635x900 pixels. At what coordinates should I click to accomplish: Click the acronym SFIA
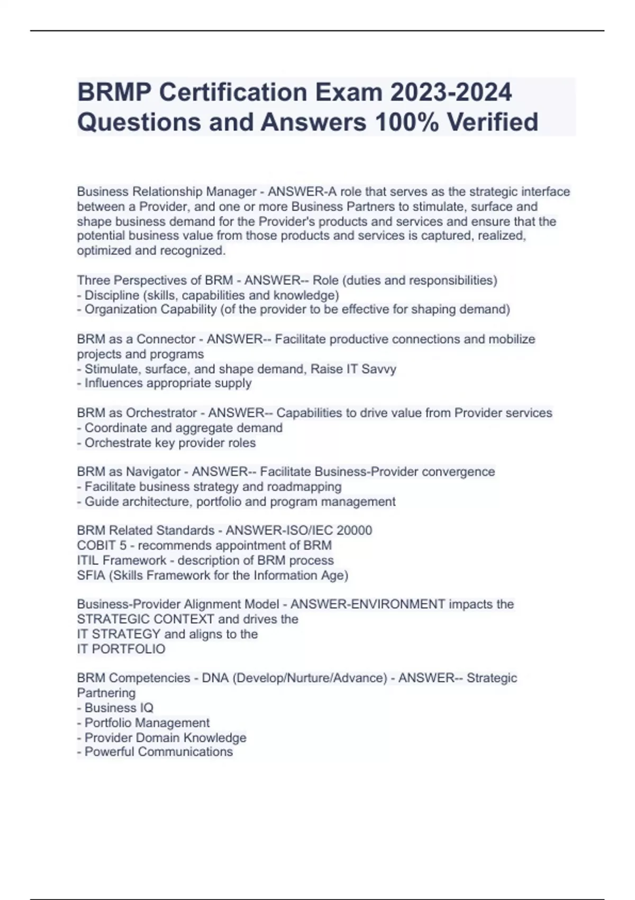91,575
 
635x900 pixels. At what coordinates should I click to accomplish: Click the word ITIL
88,560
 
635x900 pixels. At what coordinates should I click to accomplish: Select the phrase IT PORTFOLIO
121,649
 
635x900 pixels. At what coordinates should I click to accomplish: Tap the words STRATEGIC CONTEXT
146,619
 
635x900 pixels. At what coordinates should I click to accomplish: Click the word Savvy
378,369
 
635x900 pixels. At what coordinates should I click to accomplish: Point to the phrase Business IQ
119,708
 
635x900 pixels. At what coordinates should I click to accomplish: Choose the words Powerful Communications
159,752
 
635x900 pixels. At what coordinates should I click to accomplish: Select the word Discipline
112,295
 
